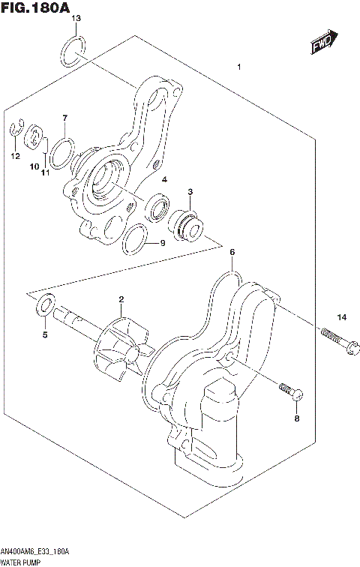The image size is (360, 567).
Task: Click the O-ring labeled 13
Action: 70,52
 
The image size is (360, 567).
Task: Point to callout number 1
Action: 238,68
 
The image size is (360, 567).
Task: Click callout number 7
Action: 65,118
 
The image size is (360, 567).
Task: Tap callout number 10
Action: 33,166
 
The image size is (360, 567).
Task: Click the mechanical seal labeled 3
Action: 188,224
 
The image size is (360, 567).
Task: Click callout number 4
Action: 163,179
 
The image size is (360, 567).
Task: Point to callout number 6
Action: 232,252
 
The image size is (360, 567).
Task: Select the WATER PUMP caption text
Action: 22,561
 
